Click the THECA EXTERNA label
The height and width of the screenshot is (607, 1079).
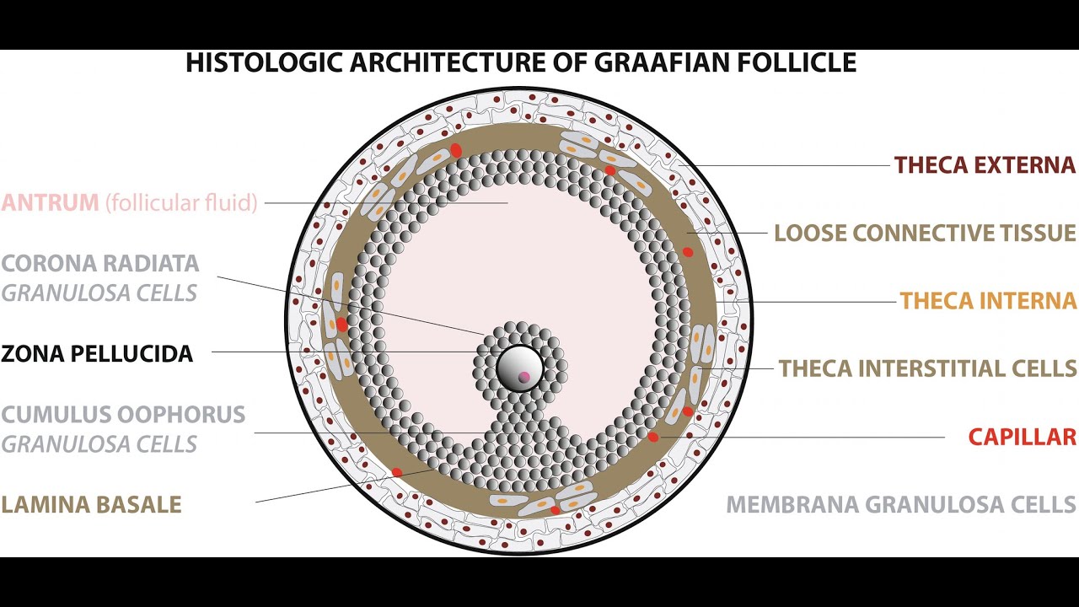click(x=985, y=165)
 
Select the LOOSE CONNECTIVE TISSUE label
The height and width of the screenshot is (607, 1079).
click(x=925, y=233)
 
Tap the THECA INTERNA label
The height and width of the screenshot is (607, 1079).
click(x=988, y=301)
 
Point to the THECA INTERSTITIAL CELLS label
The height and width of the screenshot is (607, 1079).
click(x=927, y=368)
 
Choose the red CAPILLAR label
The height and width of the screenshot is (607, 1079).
click(x=1022, y=437)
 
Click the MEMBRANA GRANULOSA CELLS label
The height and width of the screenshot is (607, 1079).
click(x=901, y=505)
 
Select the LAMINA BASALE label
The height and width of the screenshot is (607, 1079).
click(x=91, y=505)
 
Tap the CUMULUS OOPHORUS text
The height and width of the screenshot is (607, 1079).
click(x=123, y=415)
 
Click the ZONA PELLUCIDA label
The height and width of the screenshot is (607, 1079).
click(x=97, y=353)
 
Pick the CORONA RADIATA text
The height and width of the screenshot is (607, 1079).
click(x=100, y=263)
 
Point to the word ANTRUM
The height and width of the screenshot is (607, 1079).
click(x=50, y=203)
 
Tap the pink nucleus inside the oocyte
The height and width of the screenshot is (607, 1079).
click(x=524, y=377)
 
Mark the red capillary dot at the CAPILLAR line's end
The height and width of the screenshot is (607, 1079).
click(x=653, y=437)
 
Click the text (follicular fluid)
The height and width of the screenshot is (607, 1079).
click(x=181, y=203)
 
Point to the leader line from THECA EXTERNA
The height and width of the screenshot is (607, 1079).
click(x=792, y=165)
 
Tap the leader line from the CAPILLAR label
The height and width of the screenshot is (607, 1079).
click(x=801, y=437)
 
